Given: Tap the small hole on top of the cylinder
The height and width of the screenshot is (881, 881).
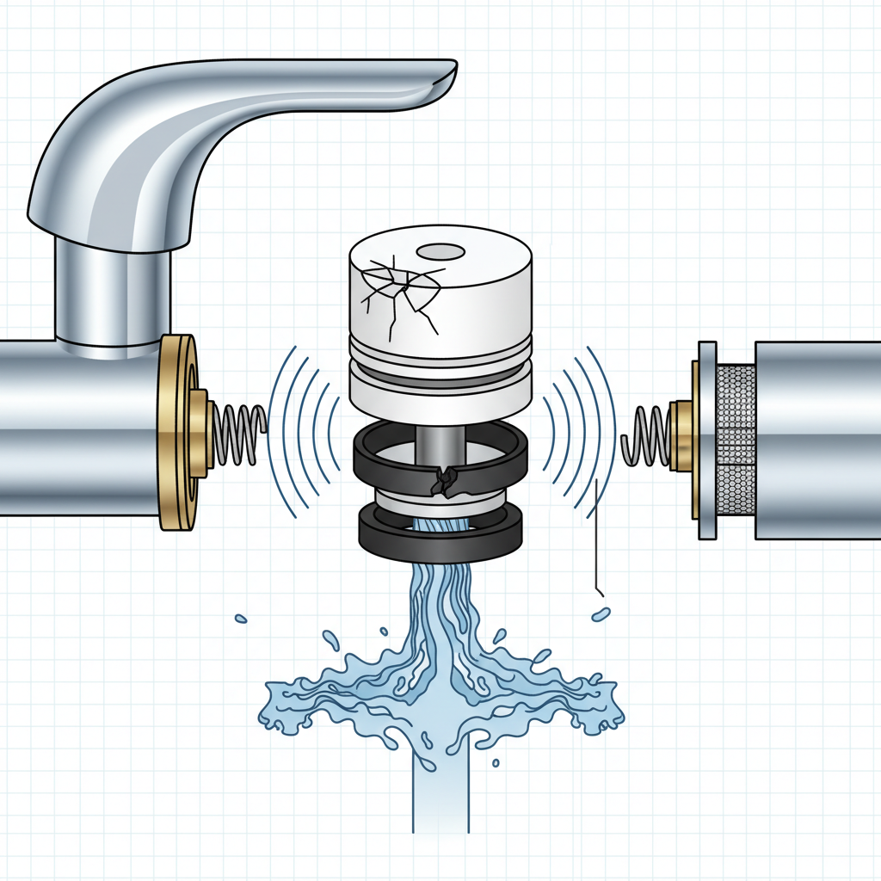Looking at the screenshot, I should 440,252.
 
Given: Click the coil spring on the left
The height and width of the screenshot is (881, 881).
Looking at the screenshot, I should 237,430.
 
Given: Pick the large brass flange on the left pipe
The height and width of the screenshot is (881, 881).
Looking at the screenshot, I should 176,430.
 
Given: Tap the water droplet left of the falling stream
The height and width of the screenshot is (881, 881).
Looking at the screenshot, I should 241,618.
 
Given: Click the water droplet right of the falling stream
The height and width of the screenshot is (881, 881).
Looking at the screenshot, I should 601,614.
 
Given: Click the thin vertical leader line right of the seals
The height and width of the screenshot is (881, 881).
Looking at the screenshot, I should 595,533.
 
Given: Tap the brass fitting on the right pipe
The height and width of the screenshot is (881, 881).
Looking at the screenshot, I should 681,436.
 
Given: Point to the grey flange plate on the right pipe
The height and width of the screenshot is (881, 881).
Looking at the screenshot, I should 706,440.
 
